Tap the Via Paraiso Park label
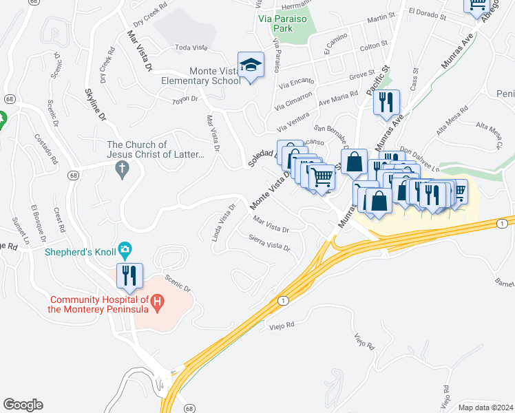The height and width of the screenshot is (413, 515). pyautogui.click(x=283, y=24)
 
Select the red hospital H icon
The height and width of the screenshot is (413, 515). pyautogui.click(x=157, y=301)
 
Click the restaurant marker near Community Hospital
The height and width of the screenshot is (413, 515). pyautogui.click(x=130, y=275)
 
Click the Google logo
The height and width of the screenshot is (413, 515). pyautogui.click(x=23, y=405)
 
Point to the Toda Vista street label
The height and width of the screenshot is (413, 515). pyautogui.click(x=191, y=47)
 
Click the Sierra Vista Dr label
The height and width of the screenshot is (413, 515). pyautogui.click(x=269, y=242)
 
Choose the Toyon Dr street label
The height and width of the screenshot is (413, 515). pyautogui.click(x=185, y=100)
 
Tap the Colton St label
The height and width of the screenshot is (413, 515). pyautogui.click(x=375, y=46)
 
